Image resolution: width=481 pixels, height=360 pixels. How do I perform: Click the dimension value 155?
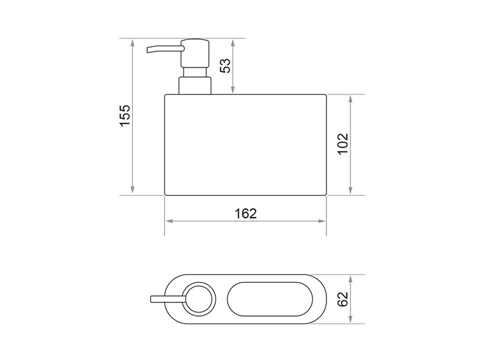pyautogui.click(x=125, y=115)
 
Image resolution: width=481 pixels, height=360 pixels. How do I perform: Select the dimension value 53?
pyautogui.click(x=226, y=65)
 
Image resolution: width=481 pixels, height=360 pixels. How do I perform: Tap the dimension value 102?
pyautogui.click(x=343, y=144)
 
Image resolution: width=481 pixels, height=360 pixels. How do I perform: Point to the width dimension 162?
pyautogui.click(x=245, y=214)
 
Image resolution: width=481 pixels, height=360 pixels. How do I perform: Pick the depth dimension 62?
pyautogui.click(x=343, y=299)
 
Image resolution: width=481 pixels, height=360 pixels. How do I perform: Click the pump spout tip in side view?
pyautogui.click(x=149, y=50)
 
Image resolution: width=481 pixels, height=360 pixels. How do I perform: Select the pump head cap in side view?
pyautogui.click(x=195, y=53)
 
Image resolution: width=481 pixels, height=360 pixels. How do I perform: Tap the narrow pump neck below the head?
pyautogui.click(x=195, y=72)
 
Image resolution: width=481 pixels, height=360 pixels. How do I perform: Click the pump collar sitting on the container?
pyautogui.click(x=195, y=85)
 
